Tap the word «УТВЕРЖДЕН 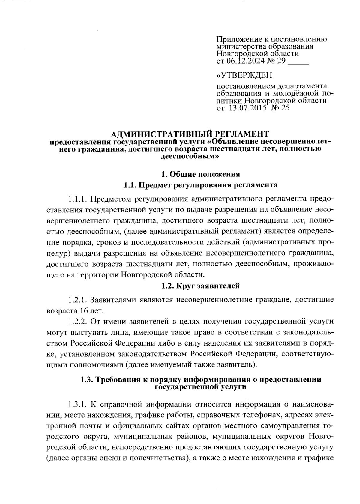[244, 74]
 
